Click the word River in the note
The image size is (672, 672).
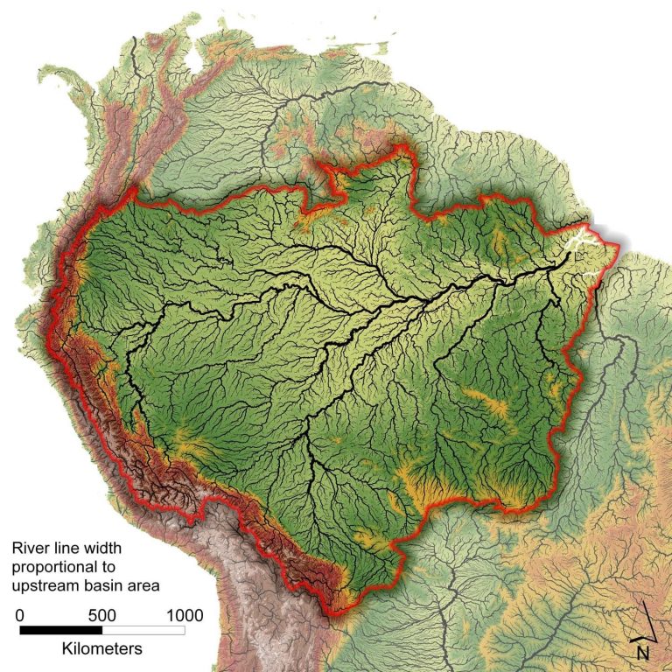(31, 549)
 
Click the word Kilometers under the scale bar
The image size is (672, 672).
(101, 649)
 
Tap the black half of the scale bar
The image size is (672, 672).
(61, 629)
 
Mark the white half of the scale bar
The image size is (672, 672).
(143, 629)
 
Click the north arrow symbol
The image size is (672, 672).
(646, 620)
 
